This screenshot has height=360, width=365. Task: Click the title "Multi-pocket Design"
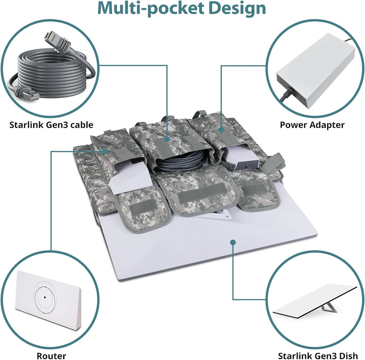182,8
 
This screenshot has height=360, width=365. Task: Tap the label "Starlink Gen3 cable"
51,125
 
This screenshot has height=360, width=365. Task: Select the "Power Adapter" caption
312,125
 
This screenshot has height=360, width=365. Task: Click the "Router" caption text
51,356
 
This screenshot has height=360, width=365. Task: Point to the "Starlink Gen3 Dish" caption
318,356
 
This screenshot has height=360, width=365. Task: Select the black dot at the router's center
45,297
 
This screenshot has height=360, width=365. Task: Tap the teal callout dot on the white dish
233,242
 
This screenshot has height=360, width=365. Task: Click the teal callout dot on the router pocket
106,152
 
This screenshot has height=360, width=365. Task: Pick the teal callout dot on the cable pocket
167,139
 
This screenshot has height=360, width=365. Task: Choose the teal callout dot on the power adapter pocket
221,130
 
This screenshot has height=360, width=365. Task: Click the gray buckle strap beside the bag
274,163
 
